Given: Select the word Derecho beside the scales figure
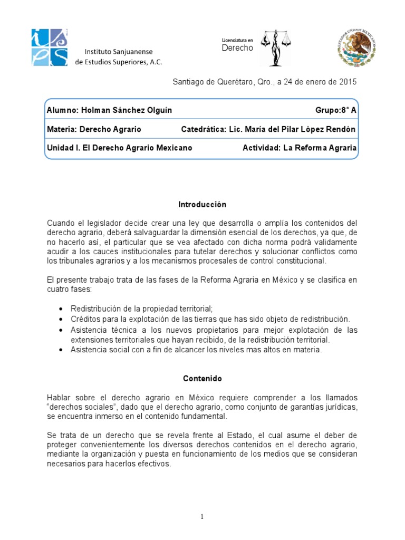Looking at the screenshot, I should point(237,48).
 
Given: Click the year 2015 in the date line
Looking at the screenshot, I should point(348,82).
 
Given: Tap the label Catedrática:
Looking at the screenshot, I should point(204,129).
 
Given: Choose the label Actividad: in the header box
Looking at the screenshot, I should point(261,148).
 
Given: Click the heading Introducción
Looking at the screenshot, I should point(202,204).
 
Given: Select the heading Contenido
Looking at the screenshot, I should point(202,378).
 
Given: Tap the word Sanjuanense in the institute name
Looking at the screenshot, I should point(134,52).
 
